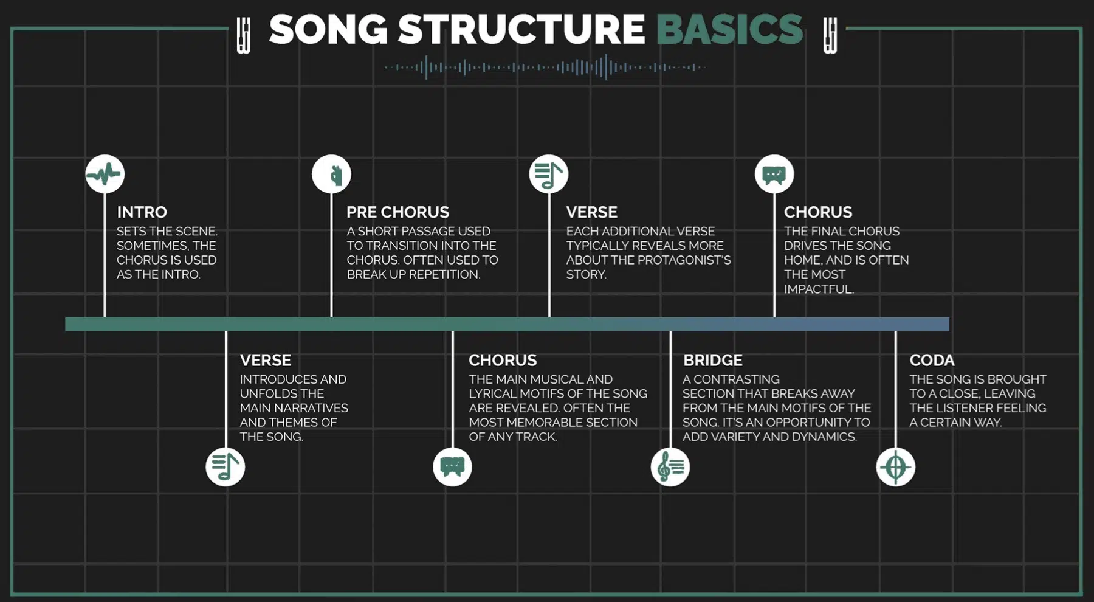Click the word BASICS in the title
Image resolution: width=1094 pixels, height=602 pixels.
pyautogui.click(x=729, y=29)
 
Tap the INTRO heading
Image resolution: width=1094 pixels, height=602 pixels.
pyautogui.click(x=142, y=212)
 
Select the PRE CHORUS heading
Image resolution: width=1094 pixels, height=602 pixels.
pyautogui.click(x=397, y=212)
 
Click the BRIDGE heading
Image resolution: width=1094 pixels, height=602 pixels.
pyautogui.click(x=713, y=360)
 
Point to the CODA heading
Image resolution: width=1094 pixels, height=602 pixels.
pyautogui.click(x=932, y=360)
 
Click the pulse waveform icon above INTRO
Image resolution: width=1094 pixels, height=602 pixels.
pyautogui.click(x=105, y=175)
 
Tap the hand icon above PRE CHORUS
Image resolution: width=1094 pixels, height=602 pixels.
pyautogui.click(x=331, y=175)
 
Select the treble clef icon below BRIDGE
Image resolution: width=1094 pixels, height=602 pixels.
pyautogui.click(x=670, y=467)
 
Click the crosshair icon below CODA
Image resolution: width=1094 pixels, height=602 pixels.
pyautogui.click(x=895, y=467)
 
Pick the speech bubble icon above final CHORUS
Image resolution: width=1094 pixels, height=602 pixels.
pyautogui.click(x=774, y=175)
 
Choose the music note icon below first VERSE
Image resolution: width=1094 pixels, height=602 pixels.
pyautogui.click(x=225, y=467)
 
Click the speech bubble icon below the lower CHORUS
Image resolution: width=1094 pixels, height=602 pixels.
pyautogui.click(x=452, y=467)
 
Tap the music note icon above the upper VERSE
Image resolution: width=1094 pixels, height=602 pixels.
pyautogui.click(x=549, y=175)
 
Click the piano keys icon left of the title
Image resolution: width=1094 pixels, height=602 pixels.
pyautogui.click(x=243, y=35)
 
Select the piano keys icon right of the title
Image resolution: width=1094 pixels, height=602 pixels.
pyautogui.click(x=830, y=35)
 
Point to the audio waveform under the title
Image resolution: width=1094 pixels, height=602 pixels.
pyautogui.click(x=545, y=67)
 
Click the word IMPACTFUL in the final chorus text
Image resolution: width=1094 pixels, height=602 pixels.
pyautogui.click(x=819, y=289)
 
